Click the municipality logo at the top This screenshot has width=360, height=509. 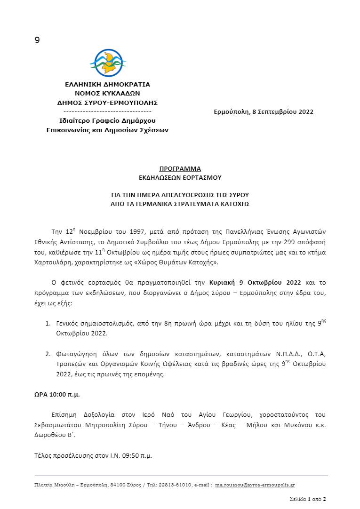(x=108, y=64)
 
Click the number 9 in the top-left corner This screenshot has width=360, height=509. (x=37, y=40)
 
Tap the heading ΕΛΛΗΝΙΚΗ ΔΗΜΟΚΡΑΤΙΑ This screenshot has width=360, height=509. (x=107, y=85)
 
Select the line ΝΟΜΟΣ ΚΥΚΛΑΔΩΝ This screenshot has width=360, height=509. (x=107, y=94)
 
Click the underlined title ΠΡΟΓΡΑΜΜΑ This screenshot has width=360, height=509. (x=180, y=169)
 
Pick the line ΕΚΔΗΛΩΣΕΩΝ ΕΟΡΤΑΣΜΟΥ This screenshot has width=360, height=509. (x=180, y=177)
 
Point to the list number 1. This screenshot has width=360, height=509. (x=48, y=324)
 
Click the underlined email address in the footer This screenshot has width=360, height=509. (x=255, y=485)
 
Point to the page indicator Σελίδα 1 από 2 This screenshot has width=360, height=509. (x=307, y=499)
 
